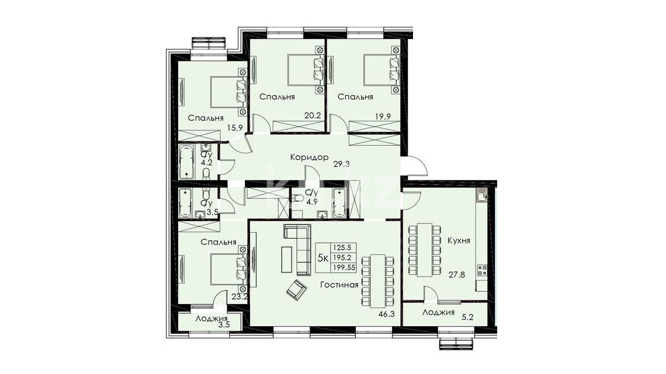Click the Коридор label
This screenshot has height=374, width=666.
click(309, 158)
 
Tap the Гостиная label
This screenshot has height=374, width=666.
click(339, 285)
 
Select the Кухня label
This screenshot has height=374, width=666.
click(459, 240)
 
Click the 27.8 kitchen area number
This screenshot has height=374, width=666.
click(457, 275)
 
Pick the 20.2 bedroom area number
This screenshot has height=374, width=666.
click(312, 114)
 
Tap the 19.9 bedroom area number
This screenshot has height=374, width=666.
click(382, 116)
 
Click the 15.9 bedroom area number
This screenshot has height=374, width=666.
click(235, 127)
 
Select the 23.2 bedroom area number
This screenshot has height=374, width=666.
click(240, 297)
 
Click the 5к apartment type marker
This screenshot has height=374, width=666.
click(323, 257)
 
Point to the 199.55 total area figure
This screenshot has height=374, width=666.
click(344, 267)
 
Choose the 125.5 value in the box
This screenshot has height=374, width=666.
click(343, 247)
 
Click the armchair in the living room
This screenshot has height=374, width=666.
click(296, 290)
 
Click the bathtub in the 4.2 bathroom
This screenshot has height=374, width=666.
click(186, 162)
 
